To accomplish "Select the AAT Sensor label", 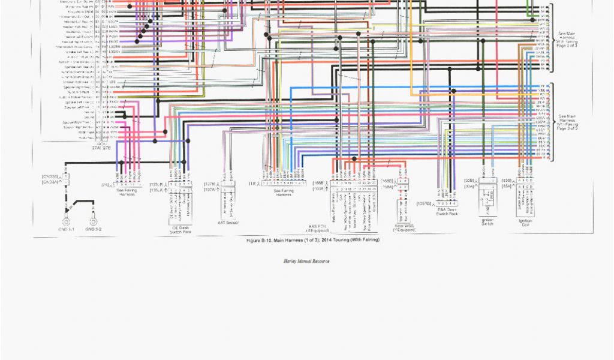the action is [x=228, y=223].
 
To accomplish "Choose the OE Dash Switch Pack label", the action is [x=180, y=229].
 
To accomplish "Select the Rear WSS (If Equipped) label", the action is [x=404, y=228].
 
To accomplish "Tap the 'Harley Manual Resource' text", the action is [x=306, y=262].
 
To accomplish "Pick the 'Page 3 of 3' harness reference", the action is [x=568, y=128].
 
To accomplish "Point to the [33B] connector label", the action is [x=469, y=180].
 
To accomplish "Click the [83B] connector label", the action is [x=507, y=180].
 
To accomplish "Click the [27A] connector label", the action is [x=95, y=147].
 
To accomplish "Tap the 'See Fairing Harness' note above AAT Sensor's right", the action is [x=282, y=193].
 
